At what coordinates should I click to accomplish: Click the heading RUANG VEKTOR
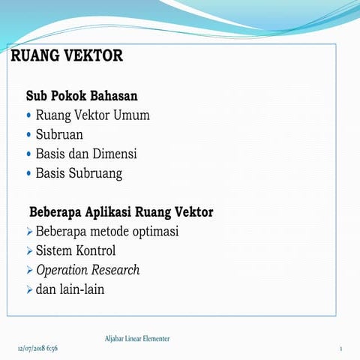[67, 56]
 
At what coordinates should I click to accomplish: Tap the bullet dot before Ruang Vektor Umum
[29, 115]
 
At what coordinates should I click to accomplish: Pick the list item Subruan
[59, 135]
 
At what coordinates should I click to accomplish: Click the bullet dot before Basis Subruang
[29, 173]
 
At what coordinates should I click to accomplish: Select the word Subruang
[96, 173]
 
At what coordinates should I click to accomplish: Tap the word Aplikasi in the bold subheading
[119, 212]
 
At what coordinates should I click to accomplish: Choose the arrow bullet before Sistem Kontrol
[29, 250]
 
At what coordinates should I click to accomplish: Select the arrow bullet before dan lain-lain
[29, 289]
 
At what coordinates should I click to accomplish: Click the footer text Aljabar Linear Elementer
[137, 339]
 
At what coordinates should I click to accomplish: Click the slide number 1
[340, 349]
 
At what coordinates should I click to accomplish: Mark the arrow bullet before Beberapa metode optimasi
[29, 232]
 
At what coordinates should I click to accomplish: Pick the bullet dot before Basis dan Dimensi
[29, 154]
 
